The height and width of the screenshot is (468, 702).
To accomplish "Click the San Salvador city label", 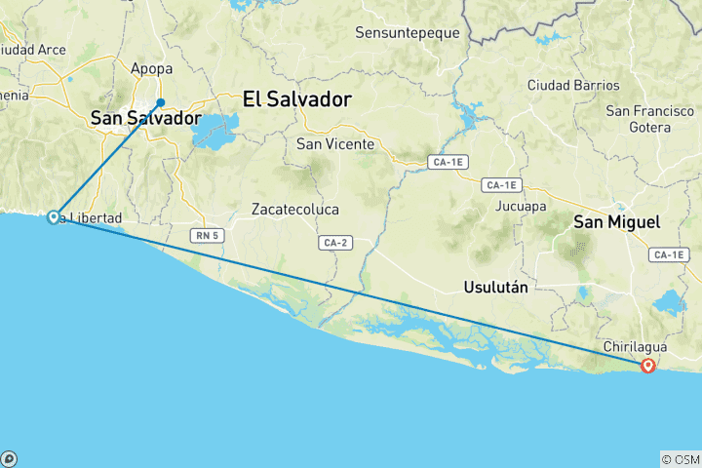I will click(144, 118).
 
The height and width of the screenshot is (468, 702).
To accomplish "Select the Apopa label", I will click(151, 69).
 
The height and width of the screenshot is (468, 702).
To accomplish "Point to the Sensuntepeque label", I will click(407, 32).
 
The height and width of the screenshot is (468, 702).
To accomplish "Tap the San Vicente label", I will click(335, 144).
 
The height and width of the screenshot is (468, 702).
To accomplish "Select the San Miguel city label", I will click(616, 222).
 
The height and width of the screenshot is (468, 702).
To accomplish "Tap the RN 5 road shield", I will click(204, 234).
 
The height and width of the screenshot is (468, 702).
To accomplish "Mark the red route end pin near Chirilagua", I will click(648, 366).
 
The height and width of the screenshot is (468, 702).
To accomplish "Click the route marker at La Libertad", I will click(54, 217).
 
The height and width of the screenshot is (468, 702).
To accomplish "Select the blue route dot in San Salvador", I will click(161, 102).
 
